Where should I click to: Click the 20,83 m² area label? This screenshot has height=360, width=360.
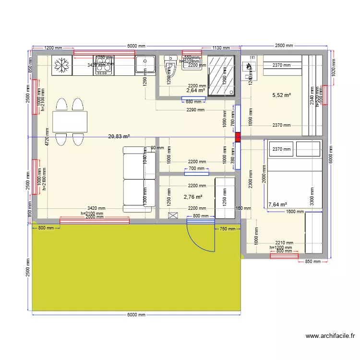(119, 136)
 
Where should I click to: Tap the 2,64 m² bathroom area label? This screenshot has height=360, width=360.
(195, 90)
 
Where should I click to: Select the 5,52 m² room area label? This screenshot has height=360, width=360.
(281, 95)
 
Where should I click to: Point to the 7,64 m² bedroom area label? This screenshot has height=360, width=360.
(277, 204)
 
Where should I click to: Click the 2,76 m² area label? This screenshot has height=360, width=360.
(192, 197)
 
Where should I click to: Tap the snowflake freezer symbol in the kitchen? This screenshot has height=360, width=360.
(61, 65)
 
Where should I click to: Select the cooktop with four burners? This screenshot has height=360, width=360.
(104, 65)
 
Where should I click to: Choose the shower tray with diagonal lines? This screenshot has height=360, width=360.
(221, 75)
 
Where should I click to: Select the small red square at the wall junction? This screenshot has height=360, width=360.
(238, 137)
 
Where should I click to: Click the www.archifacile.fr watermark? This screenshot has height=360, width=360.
(330, 336)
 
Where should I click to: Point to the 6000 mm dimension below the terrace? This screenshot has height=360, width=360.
(136, 315)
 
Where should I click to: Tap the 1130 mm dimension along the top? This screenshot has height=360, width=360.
(221, 48)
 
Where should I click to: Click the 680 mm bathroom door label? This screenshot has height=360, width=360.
(193, 101)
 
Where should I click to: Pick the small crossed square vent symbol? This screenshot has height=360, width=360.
(173, 216)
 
